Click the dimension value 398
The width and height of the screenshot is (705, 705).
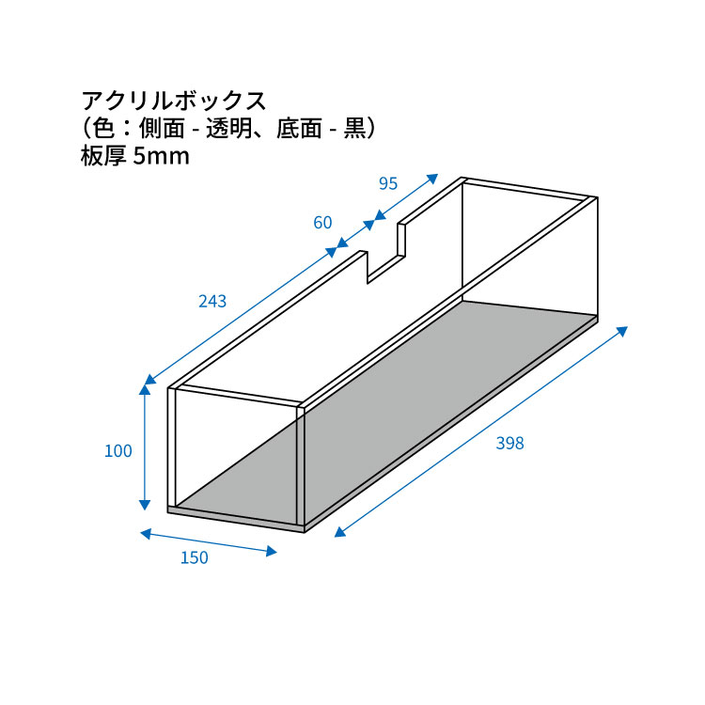tap(509, 444)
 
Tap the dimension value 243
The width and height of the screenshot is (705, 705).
tap(212, 301)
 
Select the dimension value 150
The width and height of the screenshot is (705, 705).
tap(195, 557)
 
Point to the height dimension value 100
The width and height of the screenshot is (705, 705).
tap(118, 451)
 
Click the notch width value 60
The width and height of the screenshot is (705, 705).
tap(322, 223)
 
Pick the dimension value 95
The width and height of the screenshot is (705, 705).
tap(388, 183)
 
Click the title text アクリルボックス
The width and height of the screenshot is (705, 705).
tap(174, 102)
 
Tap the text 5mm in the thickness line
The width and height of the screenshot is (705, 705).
tap(162, 156)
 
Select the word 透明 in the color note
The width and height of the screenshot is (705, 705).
tap(228, 129)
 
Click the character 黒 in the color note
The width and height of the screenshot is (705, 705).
tap(355, 129)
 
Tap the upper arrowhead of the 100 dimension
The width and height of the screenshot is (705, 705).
tap(145, 389)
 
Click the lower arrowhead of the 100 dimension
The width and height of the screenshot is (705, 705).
tap(145, 505)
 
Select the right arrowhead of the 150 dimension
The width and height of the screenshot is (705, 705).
tap(271, 551)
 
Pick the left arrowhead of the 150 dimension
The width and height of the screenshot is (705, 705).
tap(146, 534)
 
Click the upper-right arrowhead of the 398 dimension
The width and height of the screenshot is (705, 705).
tap(622, 332)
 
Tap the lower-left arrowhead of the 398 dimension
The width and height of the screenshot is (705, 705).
tap(340, 532)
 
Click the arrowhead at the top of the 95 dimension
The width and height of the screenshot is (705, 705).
tap(432, 179)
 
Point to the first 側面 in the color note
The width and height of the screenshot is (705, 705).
tap(162, 129)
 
